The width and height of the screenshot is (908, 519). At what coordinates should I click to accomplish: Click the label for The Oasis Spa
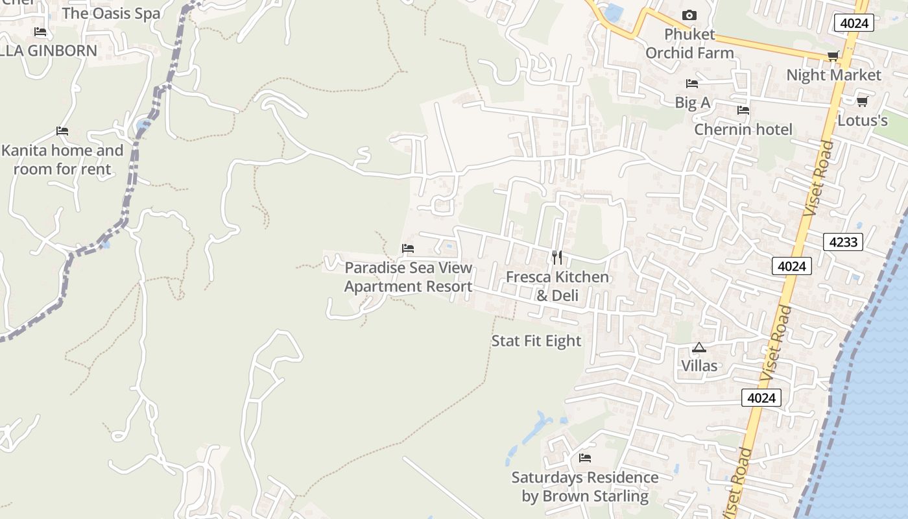pos(111,13)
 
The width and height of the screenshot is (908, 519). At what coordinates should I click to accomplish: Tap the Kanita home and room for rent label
pos(62,160)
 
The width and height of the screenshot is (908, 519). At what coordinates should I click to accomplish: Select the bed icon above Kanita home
pos(62,131)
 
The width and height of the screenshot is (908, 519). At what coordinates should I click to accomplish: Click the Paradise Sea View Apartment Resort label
pos(408,277)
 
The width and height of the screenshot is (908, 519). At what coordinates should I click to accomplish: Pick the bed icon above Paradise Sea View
pos(408,248)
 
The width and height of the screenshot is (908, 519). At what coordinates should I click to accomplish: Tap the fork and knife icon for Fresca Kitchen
pos(557,258)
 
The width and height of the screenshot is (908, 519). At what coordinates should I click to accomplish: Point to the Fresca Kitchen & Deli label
pos(557,286)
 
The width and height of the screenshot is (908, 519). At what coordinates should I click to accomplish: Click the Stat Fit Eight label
pos(536,341)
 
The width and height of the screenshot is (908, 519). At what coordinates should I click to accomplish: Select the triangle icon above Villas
pos(699,348)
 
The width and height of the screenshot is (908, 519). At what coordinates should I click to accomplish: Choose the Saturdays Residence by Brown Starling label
pos(585,487)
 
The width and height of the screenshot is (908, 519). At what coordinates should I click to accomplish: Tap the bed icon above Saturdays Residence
pos(585,458)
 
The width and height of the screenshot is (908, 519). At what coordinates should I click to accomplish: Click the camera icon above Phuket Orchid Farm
pos(689,15)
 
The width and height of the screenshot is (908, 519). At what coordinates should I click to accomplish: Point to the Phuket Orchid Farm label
pos(689,43)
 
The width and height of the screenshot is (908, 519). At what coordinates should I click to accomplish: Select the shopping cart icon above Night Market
pos(833,56)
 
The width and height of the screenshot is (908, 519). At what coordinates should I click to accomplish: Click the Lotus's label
pos(862,121)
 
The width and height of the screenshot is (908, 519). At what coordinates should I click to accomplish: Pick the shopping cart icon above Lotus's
pos(862,101)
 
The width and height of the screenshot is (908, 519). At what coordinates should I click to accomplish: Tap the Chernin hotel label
pos(743,130)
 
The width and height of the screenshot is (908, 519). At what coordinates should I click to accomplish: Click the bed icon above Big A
pos(692,84)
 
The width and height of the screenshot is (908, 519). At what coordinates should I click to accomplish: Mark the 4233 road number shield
pos(843,243)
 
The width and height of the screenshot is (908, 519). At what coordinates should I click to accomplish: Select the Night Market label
pos(833,75)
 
